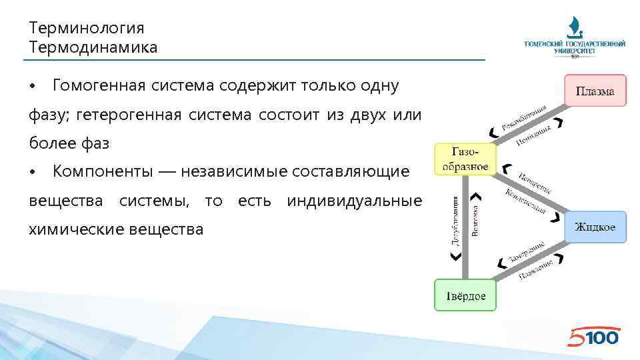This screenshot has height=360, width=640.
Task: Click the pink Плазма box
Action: [595, 91]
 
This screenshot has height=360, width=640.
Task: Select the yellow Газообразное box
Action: [465, 159]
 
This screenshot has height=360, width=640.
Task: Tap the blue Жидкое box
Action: [595, 227]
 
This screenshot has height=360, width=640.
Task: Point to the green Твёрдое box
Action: [465, 295]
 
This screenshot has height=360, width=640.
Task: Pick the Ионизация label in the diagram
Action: [537, 133]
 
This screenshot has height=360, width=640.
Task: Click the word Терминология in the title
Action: [87, 28]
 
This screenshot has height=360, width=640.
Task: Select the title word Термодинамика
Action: [93, 47]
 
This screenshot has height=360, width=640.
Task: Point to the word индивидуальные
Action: [354, 201]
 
